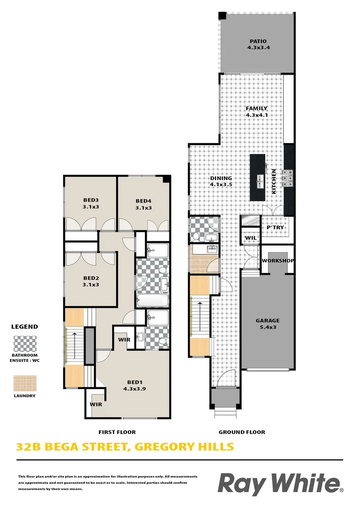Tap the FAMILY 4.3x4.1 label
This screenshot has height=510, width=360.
tap(256, 111)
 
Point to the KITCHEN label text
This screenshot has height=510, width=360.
tap(274, 182)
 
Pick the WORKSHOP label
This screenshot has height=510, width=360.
tap(278, 261)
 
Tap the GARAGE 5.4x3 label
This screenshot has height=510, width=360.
tap(268, 323)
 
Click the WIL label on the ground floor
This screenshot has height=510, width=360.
tap(250, 238)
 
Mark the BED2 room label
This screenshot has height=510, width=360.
tap(91, 281)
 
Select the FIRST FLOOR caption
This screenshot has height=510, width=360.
tap(117, 432)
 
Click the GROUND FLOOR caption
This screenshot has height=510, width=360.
tap(242, 432)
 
